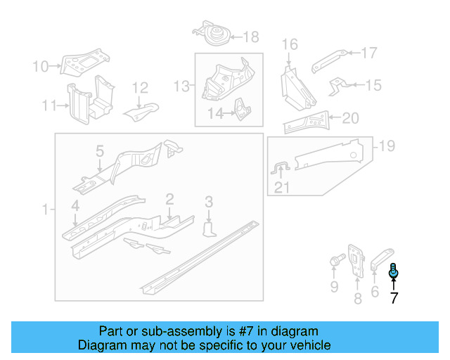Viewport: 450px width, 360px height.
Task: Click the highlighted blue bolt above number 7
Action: pos(394,269)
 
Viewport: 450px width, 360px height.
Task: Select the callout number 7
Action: pos(394,297)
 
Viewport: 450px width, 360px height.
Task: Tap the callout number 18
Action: pos(251,37)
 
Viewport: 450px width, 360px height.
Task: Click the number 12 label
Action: pos(141,88)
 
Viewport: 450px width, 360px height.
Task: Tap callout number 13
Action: pos(182,86)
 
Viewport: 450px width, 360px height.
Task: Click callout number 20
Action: pos(349,117)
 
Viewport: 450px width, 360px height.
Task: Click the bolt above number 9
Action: pos(335,263)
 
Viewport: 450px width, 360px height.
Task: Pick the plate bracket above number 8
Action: pos(356,260)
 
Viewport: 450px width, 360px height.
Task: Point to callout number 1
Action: pos(46,210)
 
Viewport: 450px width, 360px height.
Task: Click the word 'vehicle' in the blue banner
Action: pos(308,345)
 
